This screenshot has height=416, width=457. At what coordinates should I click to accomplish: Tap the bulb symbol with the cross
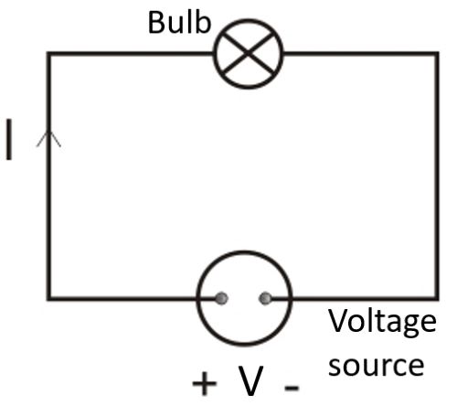(x=249, y=53)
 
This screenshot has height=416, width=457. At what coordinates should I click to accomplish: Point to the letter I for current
(x=10, y=140)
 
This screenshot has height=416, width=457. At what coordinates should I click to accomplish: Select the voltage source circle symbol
(x=244, y=298)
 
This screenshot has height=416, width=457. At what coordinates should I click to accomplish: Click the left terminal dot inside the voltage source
(x=221, y=298)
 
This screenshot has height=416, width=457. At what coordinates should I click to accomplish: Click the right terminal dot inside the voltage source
(x=266, y=298)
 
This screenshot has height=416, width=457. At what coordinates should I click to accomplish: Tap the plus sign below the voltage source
(x=204, y=382)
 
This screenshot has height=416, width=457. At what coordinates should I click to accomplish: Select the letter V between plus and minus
(x=250, y=380)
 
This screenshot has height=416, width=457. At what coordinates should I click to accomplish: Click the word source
(x=376, y=365)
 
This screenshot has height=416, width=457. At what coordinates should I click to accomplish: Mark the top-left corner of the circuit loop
(x=49, y=53)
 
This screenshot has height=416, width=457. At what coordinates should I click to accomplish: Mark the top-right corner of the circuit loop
(x=437, y=53)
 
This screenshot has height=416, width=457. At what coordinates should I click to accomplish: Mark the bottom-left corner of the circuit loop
(x=49, y=298)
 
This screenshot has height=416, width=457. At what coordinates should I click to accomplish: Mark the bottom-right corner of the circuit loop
(x=437, y=298)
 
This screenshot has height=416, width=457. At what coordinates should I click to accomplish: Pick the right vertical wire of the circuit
(x=437, y=174)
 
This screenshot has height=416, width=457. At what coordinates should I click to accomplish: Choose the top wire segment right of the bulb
(x=361, y=53)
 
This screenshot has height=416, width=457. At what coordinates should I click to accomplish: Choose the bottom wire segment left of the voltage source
(x=123, y=298)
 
